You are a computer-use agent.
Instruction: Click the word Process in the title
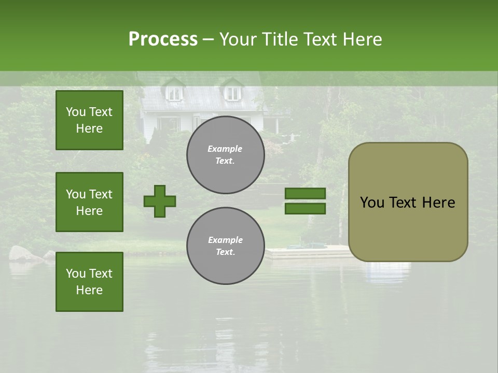163,39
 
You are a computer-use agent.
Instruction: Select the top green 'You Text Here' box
89,120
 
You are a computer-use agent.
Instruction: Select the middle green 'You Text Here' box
89,202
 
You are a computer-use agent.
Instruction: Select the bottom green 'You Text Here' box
89,282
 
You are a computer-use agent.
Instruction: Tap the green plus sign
160,201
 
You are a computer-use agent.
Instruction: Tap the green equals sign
305,201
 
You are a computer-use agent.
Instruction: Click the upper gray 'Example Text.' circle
225,155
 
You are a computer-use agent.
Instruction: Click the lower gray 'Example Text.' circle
225,246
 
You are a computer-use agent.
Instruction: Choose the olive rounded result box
408,202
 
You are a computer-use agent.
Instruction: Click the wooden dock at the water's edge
306,253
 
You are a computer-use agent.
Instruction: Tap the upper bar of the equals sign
305,194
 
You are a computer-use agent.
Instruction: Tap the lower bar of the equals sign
305,209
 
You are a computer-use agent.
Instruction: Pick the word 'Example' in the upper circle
225,149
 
